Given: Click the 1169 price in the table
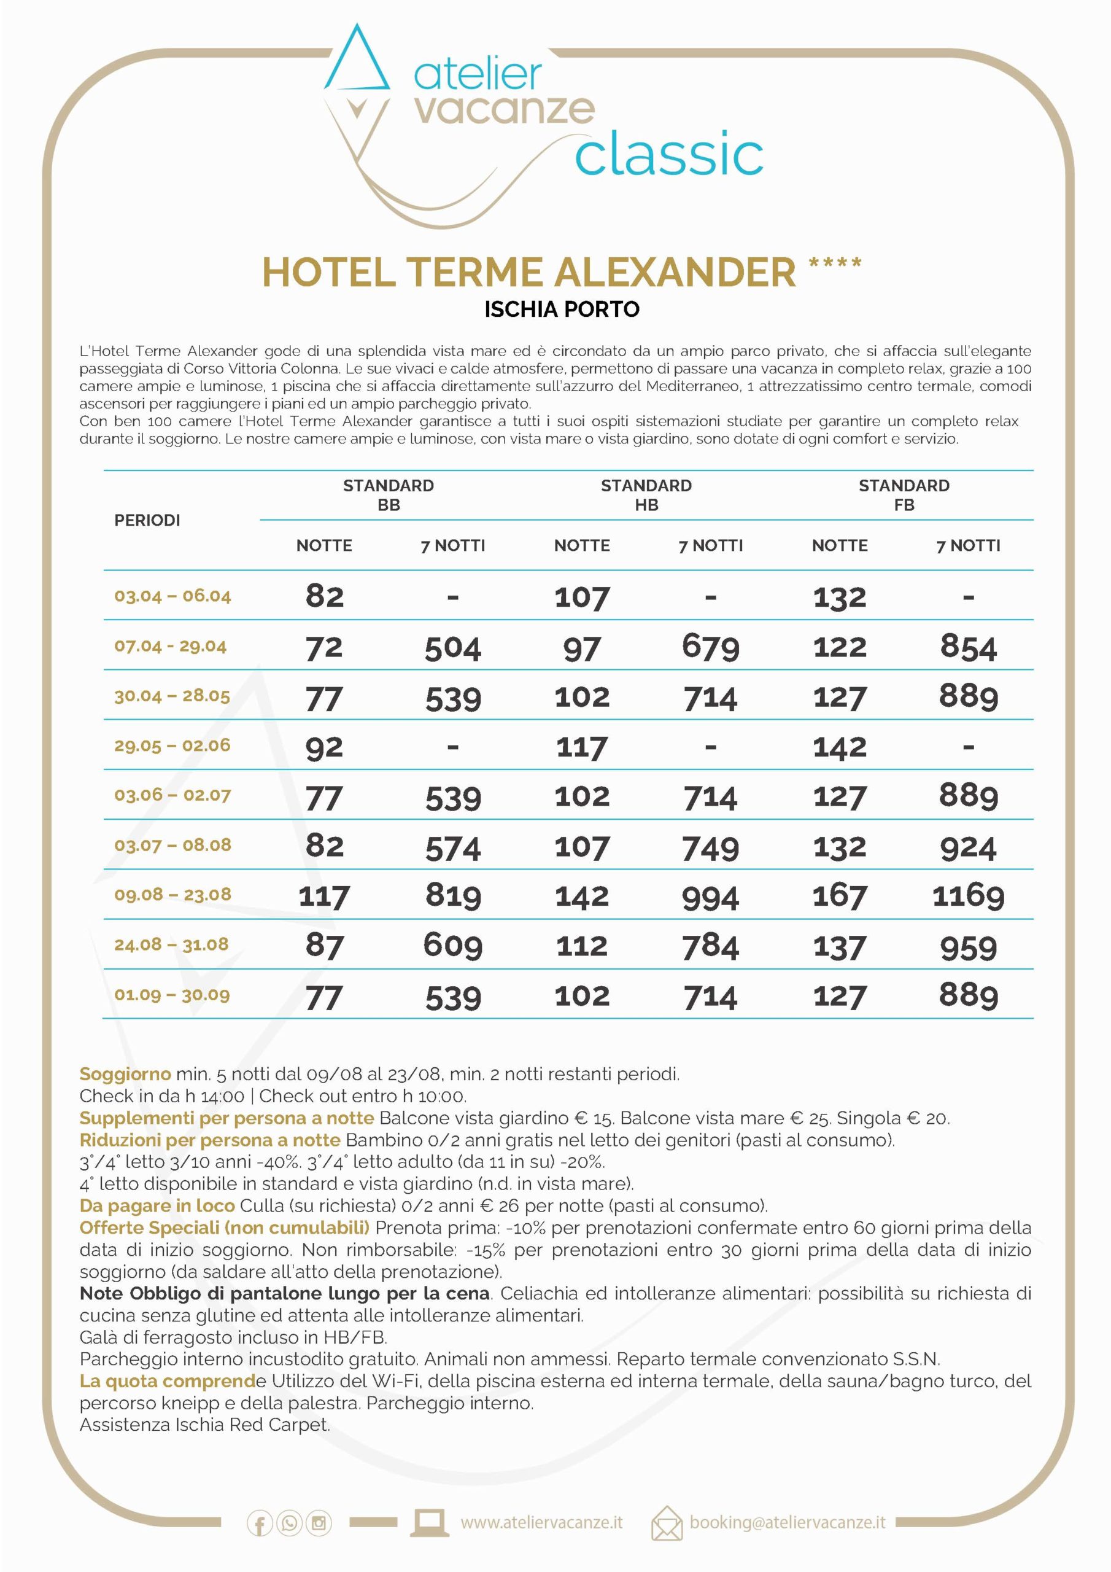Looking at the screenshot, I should click(968, 895).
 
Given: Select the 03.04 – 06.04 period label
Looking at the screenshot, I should click(172, 596).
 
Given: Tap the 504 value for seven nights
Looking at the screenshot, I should click(452, 648).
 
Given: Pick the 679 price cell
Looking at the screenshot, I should click(711, 647).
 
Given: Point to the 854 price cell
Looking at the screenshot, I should click(968, 647).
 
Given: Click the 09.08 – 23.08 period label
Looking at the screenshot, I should click(172, 894).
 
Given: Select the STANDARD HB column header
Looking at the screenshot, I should click(646, 495).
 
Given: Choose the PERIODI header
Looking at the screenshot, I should click(147, 520).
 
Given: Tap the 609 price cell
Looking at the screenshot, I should click(452, 946).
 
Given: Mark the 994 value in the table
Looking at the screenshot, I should click(711, 897).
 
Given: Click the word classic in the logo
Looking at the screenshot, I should click(669, 155).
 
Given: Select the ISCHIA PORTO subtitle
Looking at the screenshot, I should click(561, 309).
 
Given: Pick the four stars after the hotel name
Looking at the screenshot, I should click(834, 263).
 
